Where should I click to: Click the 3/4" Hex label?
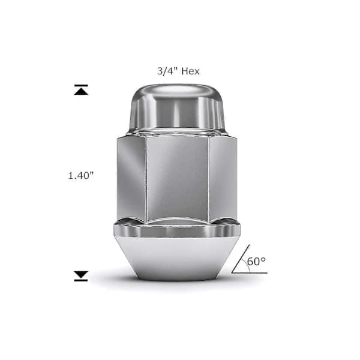click(178, 71)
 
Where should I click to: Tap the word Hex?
click(190, 71)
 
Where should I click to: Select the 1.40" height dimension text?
click(81, 176)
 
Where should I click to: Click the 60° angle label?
click(256, 261)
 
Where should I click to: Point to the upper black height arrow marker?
click(81, 89)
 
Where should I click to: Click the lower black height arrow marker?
click(81, 276)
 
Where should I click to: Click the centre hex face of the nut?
click(178, 178)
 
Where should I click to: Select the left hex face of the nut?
click(131, 178)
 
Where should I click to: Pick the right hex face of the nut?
click(223, 178)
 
